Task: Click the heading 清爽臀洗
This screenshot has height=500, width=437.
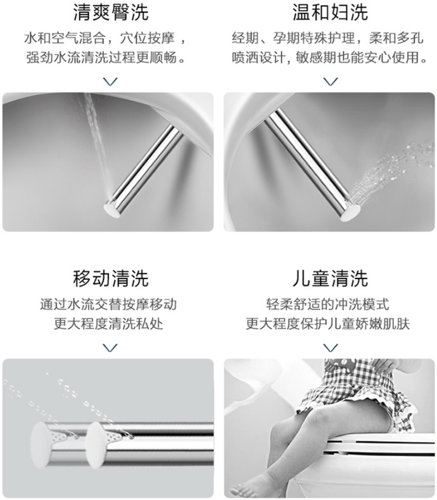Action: click(x=111, y=13)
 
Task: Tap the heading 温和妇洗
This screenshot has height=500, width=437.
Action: click(x=330, y=13)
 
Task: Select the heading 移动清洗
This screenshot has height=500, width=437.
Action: click(x=111, y=278)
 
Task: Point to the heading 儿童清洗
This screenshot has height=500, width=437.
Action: click(x=330, y=278)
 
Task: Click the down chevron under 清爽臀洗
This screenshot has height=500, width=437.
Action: click(x=111, y=82)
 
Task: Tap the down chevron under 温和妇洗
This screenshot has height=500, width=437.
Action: click(x=331, y=82)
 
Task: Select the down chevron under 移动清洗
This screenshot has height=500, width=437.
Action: click(x=111, y=347)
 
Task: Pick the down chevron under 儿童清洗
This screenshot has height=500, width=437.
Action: click(x=331, y=347)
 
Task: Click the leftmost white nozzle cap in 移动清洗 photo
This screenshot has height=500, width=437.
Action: click(x=40, y=445)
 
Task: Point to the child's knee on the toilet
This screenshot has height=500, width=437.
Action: click(x=314, y=414)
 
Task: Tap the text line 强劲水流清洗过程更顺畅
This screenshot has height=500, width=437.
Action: click(x=105, y=58)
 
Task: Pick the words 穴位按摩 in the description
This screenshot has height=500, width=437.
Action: click(x=148, y=38)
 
